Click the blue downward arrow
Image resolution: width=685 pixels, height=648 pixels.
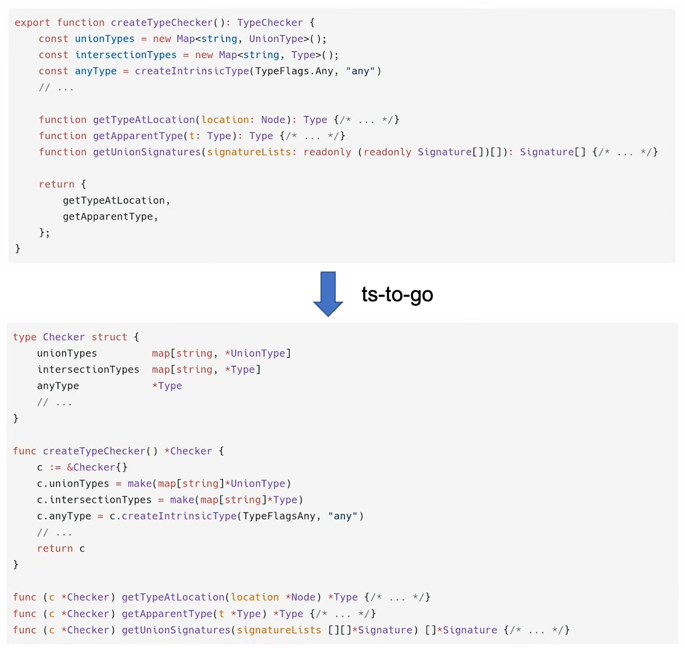click(328, 293)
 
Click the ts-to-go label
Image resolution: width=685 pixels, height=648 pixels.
click(397, 294)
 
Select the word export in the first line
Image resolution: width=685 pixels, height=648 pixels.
click(33, 23)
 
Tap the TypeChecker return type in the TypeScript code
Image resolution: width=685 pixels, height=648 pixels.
click(270, 23)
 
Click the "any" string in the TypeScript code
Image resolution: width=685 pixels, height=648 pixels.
click(360, 71)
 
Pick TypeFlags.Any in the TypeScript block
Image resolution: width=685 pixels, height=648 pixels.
click(294, 71)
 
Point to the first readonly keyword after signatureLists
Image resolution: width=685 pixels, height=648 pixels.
click(327, 152)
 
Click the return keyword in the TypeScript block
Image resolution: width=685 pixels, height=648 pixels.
click(56, 184)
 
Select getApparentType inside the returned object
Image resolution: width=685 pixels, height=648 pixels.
click(108, 217)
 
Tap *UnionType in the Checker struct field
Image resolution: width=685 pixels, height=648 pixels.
click(255, 353)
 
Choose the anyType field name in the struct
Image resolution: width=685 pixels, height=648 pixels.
click(58, 385)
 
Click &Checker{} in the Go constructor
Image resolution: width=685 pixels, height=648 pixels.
click(97, 467)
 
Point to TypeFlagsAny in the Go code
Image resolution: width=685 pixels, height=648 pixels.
click(279, 516)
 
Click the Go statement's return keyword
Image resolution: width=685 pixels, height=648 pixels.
click(55, 548)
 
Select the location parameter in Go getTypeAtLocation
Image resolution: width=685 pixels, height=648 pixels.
click(255, 597)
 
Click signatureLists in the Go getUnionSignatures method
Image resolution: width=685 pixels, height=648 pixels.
click(279, 630)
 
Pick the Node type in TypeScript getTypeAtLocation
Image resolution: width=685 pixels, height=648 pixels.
click(273, 119)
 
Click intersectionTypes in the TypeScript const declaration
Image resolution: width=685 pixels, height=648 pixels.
click(126, 55)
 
